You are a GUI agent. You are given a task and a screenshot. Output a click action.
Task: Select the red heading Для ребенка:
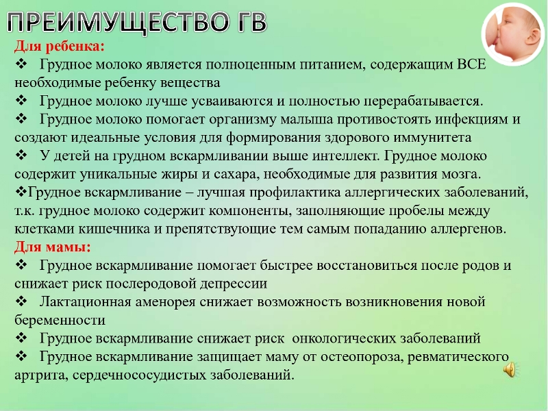coord(60,46)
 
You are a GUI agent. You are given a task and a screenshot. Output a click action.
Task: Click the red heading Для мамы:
coord(53,247)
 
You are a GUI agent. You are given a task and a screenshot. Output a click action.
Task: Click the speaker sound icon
coord(510,369)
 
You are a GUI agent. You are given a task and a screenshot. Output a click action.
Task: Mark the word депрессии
coord(234,284)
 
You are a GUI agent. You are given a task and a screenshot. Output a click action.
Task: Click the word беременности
coord(60,320)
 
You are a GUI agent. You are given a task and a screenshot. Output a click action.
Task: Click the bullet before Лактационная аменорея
coord(22,301)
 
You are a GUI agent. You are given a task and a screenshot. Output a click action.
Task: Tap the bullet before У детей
coord(22,155)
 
